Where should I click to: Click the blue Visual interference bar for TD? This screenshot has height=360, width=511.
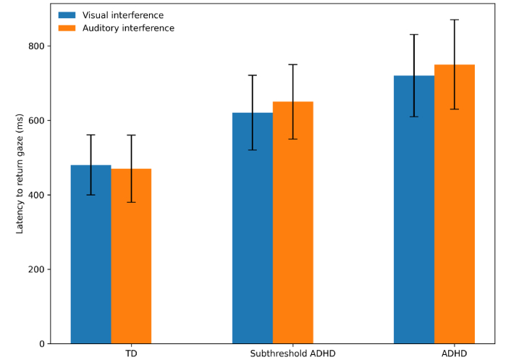[x=90, y=254]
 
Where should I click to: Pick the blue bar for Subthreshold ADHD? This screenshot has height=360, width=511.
[x=253, y=227]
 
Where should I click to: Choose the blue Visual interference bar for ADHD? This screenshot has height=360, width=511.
[x=414, y=209]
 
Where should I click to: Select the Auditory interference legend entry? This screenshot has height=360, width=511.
[x=127, y=28]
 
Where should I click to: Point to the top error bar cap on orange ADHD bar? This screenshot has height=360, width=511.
[x=455, y=20]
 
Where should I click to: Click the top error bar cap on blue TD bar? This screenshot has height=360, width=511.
[x=90, y=135]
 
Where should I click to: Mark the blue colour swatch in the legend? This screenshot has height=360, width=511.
[x=67, y=14]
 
